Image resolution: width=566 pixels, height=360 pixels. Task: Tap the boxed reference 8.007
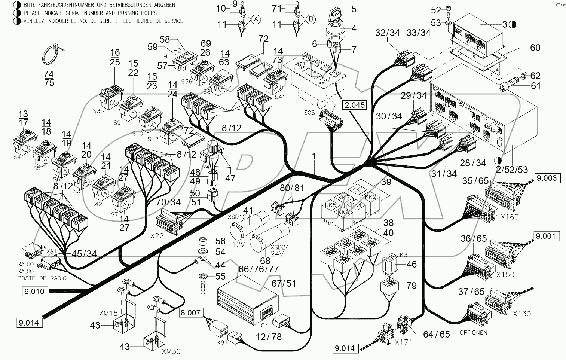click(x=191, y=313)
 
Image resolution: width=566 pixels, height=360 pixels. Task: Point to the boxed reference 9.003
click(x=547, y=178)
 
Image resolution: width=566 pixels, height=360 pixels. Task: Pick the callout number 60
click(x=535, y=48)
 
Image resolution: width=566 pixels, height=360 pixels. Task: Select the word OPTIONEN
click(x=473, y=332)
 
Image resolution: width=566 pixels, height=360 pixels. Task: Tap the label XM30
click(x=171, y=351)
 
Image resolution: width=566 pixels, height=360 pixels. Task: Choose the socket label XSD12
click(x=237, y=217)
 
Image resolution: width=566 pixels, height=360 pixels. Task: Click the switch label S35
click(x=98, y=111)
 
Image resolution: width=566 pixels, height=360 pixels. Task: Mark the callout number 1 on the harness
click(x=314, y=157)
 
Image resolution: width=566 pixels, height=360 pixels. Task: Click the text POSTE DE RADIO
click(x=42, y=278)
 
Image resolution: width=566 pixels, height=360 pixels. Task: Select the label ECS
click(x=309, y=112)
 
